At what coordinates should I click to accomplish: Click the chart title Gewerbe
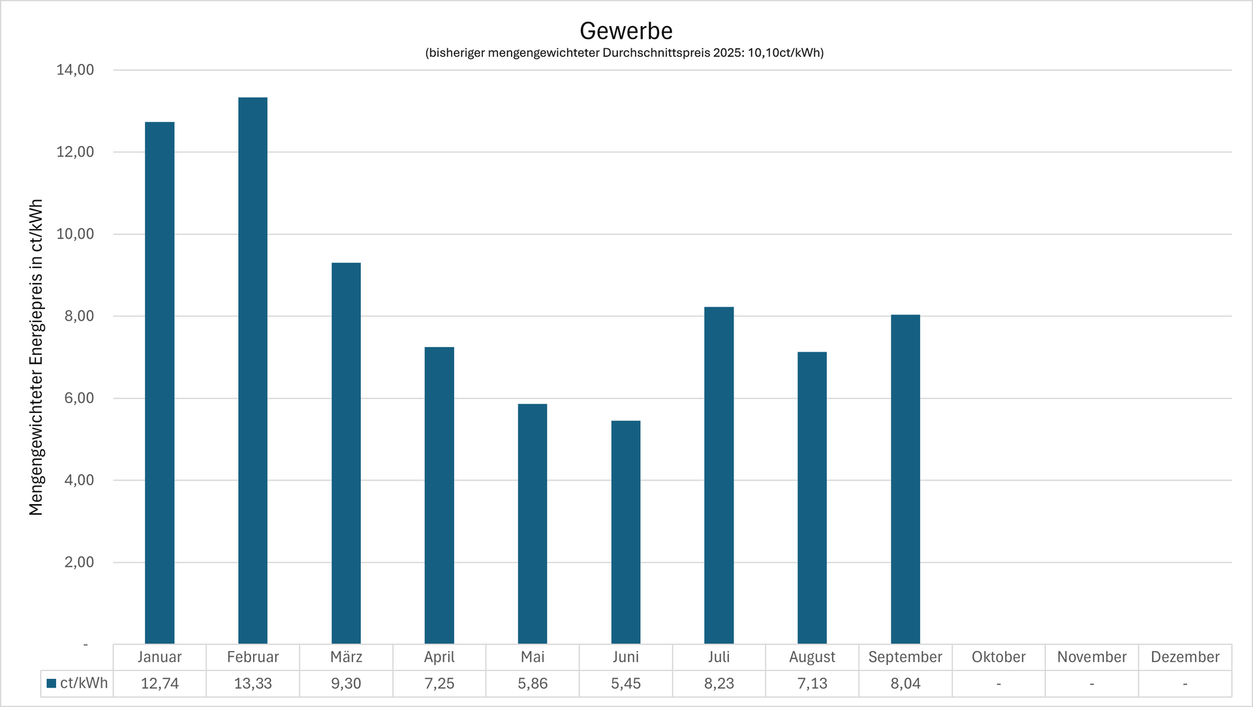pyautogui.click(x=626, y=31)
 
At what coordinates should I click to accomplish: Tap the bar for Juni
pyautogui.click(x=625, y=532)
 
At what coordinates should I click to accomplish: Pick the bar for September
pyautogui.click(x=905, y=479)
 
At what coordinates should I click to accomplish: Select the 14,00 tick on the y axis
pyautogui.click(x=75, y=70)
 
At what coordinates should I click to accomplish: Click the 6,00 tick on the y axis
pyautogui.click(x=79, y=398)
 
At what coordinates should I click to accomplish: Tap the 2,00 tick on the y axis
pyautogui.click(x=79, y=562)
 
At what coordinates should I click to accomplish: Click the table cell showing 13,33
pyautogui.click(x=253, y=684)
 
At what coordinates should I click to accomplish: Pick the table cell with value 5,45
pyautogui.click(x=625, y=684)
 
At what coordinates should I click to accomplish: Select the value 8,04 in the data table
pyautogui.click(x=905, y=684)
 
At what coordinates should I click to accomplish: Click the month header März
pyautogui.click(x=346, y=657)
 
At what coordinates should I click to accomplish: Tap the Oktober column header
pyautogui.click(x=998, y=657)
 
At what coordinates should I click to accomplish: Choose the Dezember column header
pyautogui.click(x=1184, y=657)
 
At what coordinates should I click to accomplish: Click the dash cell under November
pyautogui.click(x=1092, y=684)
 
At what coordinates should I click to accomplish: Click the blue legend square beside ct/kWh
pyautogui.click(x=52, y=684)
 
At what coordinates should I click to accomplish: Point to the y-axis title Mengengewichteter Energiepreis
pyautogui.click(x=36, y=357)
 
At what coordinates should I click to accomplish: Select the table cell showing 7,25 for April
pyautogui.click(x=439, y=684)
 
